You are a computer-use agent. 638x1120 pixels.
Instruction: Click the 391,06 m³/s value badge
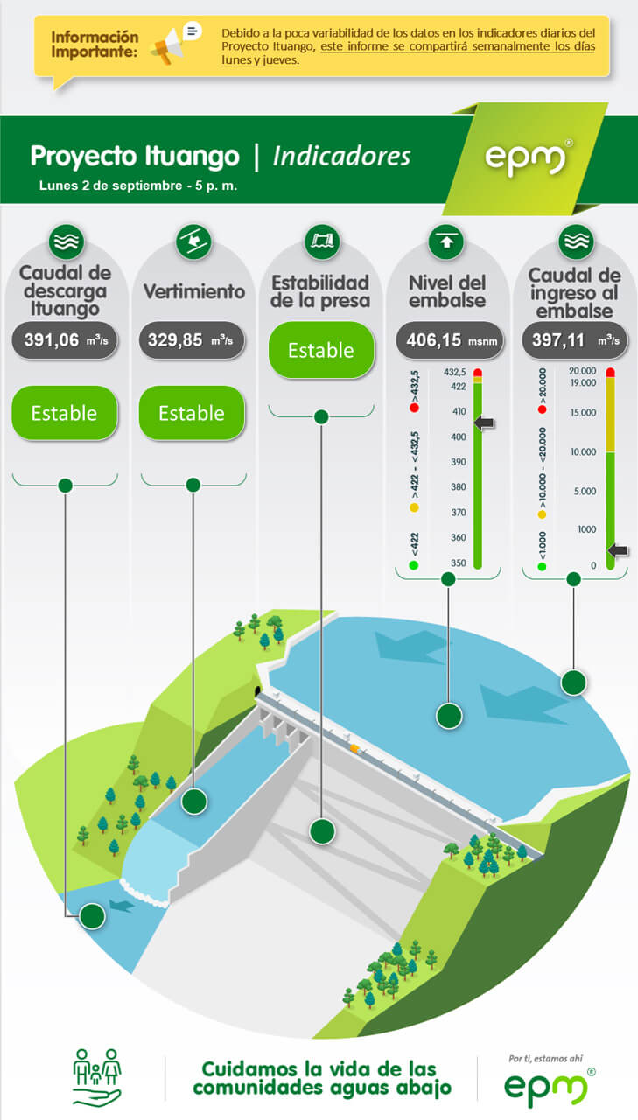pos(65,340)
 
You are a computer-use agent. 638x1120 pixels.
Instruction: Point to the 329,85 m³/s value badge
pos(192,340)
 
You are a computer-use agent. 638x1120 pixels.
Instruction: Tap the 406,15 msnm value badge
pos(450,340)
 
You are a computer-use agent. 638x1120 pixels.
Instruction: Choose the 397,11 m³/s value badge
pos(574,340)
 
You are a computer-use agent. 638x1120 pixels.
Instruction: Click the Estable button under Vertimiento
pos(192,413)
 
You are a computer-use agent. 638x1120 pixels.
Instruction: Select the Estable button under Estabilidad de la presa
pos(321,350)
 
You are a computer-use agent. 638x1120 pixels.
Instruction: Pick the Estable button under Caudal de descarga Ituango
pos(65,413)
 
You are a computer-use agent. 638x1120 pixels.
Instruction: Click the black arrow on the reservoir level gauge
pos(484,423)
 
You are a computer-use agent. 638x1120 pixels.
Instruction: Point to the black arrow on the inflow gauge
pos(618,550)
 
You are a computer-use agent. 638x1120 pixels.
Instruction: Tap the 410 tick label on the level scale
pos(459,411)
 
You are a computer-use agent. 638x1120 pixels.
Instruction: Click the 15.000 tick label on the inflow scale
pos(583,412)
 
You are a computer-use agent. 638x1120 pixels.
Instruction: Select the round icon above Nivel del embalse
pos(446,242)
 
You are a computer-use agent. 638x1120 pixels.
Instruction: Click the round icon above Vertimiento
pos(193,242)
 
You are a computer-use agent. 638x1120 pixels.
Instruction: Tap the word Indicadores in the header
pos(341,156)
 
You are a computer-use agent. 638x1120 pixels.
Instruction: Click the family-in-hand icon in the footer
pos(97,1077)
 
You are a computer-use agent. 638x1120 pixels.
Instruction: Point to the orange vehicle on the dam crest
pos(354,748)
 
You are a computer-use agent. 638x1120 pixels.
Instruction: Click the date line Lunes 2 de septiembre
pos(138,185)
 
